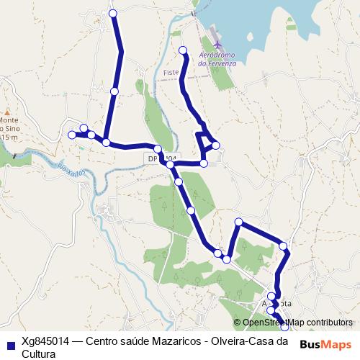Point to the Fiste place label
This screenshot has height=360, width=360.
pyautogui.click(x=170, y=73)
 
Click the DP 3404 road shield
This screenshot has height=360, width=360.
pyautogui.click(x=162, y=158)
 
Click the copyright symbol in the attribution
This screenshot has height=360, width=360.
pyautogui.click(x=238, y=323)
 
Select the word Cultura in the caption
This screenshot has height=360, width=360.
pyautogui.click(x=39, y=354)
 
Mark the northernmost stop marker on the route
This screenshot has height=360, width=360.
pyautogui.click(x=112, y=13)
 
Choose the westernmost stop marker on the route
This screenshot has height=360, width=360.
pyautogui.click(x=71, y=135)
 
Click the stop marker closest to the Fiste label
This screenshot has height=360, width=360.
pyautogui.click(x=183, y=50)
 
